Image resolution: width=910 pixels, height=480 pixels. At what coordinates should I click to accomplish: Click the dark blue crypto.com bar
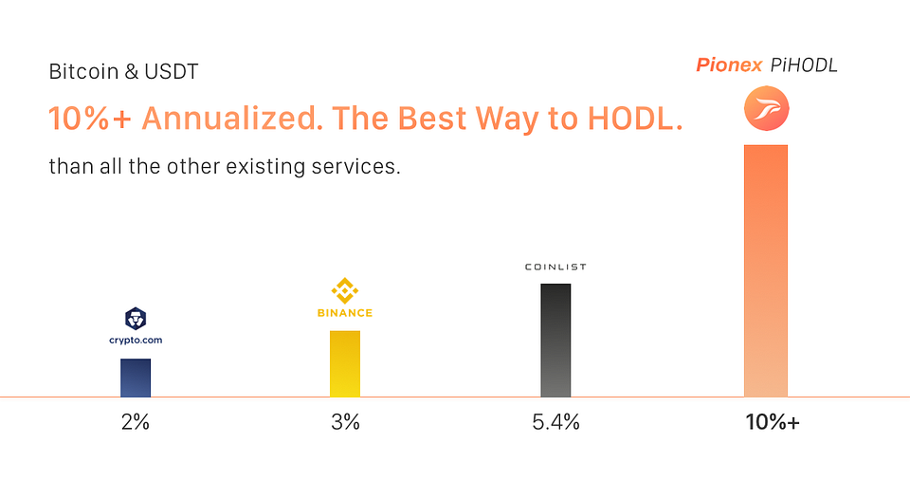pos(136,378)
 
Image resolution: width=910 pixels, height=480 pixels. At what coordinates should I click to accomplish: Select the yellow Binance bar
pos(345,363)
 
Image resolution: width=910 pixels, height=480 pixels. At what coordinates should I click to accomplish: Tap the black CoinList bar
pos(555,341)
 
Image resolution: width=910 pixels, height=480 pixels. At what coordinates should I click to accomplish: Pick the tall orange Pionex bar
pos(766,270)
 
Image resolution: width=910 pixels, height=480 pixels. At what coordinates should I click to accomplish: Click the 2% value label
pos(136,422)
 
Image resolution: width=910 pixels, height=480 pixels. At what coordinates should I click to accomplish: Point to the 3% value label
pos(345,422)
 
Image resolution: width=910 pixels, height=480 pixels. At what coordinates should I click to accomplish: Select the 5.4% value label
pos(556,422)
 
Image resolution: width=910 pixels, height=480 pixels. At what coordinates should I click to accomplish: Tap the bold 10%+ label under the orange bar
pos(773,422)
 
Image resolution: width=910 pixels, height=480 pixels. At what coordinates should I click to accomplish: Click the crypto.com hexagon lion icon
pos(136,319)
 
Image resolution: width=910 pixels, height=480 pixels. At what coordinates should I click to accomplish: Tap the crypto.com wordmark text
pos(136,340)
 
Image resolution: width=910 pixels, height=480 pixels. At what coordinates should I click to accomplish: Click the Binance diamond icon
pos(345,290)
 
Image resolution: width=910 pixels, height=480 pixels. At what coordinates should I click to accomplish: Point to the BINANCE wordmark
pos(345,313)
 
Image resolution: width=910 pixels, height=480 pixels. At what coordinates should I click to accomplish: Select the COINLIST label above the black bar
pos(555,267)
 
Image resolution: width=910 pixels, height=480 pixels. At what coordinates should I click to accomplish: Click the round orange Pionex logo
pos(766,109)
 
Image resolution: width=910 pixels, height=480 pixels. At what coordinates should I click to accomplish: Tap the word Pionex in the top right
pos(729,65)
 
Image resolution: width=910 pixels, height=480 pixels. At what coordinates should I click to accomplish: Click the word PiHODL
pos(805,65)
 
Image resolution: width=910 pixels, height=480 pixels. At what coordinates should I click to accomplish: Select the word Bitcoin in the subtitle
pos(83,71)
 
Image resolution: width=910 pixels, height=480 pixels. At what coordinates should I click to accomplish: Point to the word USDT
pos(172,71)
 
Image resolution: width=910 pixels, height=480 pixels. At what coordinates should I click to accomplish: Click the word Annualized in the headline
pos(232,118)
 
